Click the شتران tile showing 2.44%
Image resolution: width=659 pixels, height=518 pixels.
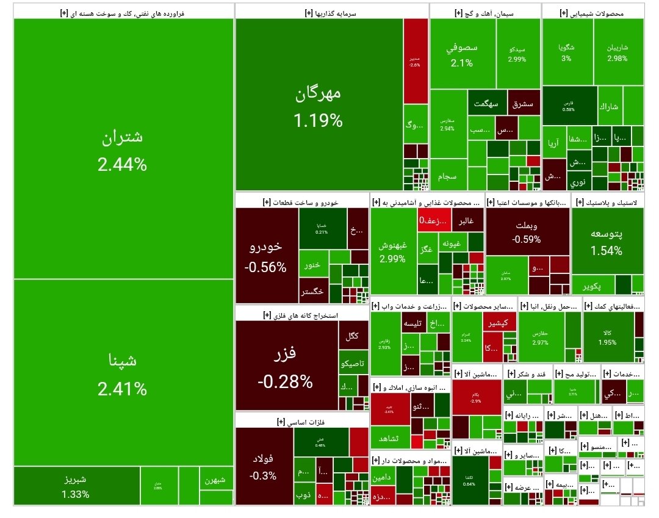pos(123,149)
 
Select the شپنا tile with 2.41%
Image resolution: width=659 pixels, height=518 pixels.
pos(123,372)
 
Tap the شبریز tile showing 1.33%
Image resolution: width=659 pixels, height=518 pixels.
pos(76,486)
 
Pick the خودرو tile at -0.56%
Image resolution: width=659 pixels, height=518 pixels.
pos(266,256)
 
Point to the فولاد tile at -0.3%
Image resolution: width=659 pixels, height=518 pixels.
pos(263,466)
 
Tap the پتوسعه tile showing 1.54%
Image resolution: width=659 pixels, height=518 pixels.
pos(607,242)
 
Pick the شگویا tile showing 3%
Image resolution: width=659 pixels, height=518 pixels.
pos(567,52)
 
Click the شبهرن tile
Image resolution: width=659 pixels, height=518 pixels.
pos(215,480)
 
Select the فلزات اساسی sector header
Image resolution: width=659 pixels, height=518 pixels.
pos(301,421)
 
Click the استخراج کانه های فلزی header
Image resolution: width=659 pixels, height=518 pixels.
pos(301,315)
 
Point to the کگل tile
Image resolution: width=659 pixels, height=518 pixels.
pos(353,336)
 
